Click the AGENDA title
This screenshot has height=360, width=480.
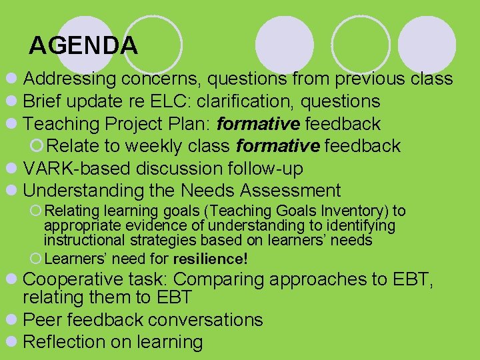(83, 45)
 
